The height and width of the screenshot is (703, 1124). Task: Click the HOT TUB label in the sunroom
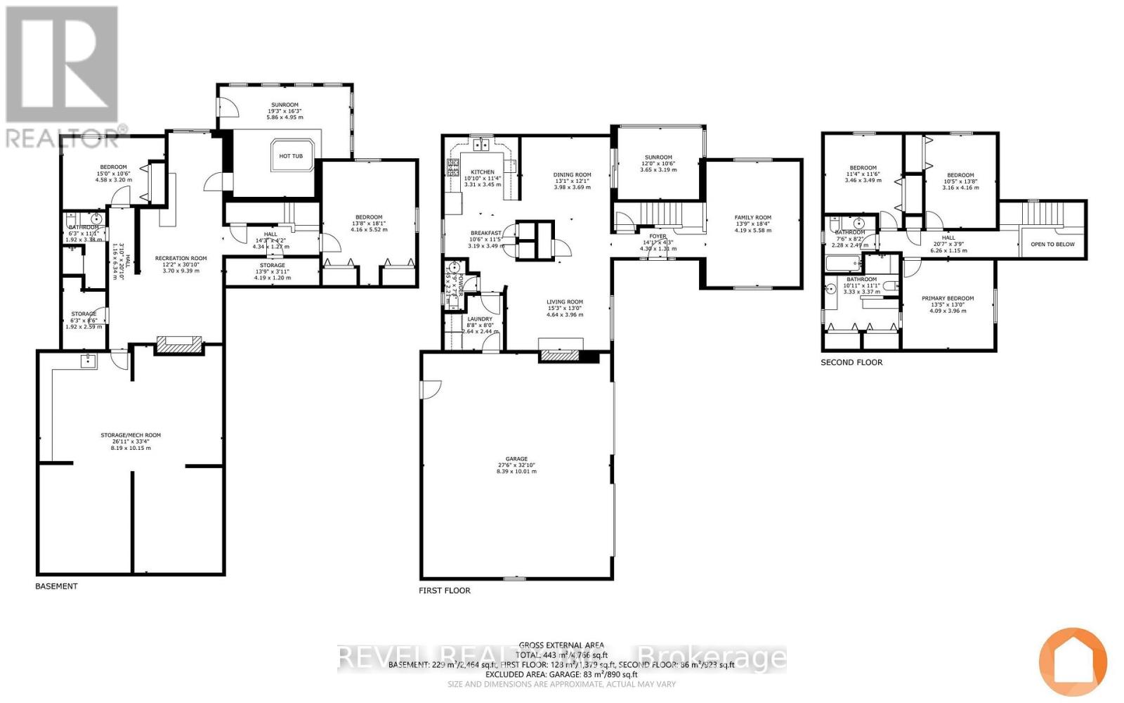click(x=291, y=156)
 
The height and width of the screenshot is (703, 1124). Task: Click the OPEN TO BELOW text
click(x=1052, y=245)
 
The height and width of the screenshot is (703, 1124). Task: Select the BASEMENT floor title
click(x=56, y=586)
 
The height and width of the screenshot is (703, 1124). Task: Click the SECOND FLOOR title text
click(x=851, y=363)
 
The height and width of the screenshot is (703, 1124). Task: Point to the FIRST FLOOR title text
click(x=445, y=591)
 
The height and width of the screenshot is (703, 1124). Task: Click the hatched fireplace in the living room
click(x=561, y=356)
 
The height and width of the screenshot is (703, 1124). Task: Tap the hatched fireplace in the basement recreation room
click(x=178, y=344)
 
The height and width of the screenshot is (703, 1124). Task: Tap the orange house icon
click(x=1073, y=662)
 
